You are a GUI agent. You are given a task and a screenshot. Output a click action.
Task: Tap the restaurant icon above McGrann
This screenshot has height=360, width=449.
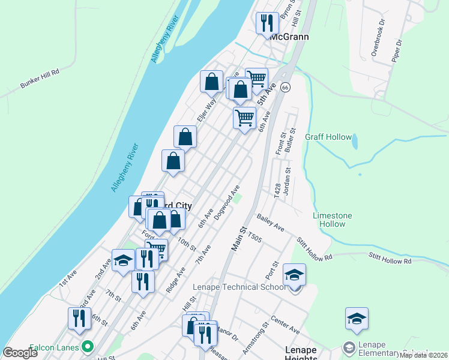266,24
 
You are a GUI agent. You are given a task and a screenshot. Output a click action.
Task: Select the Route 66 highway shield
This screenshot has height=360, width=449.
285,88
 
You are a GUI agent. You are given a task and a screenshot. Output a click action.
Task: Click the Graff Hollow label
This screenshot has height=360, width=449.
328,137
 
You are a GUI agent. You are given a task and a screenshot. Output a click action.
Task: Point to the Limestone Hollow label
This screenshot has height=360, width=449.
333,220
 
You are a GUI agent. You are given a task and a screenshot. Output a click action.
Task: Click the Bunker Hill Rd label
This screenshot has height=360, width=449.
40,79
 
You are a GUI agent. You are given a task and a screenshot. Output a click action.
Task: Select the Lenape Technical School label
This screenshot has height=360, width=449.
238,287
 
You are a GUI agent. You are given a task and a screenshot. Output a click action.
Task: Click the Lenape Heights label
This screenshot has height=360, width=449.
301,353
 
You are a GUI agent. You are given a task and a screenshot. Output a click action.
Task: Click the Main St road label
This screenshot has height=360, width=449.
240,238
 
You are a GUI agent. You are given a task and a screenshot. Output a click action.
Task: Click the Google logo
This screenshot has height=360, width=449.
20,352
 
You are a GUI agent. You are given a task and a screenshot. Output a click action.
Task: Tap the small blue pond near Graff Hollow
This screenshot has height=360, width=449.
355,142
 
